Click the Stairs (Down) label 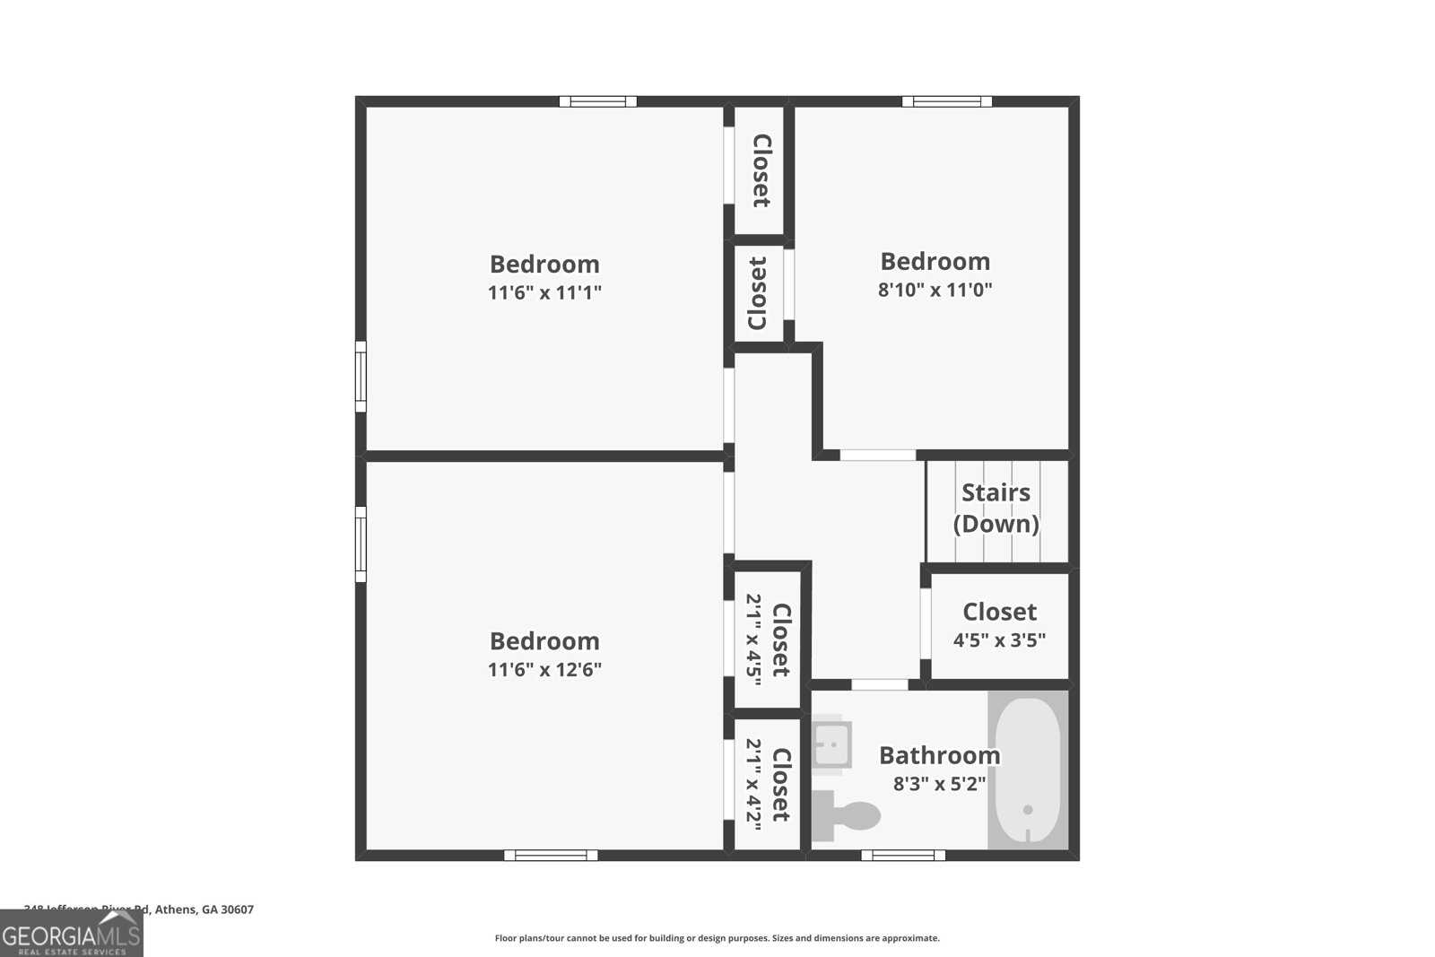click(x=996, y=508)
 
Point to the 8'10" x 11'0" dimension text click(x=935, y=290)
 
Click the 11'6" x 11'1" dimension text click(x=544, y=292)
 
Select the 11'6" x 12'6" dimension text click(x=544, y=669)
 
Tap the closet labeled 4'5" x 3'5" click(x=999, y=626)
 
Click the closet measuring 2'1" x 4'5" click(x=768, y=639)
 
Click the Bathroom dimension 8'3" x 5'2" click(x=939, y=784)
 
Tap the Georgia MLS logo click(x=72, y=934)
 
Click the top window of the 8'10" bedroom click(x=947, y=101)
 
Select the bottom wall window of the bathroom click(x=902, y=855)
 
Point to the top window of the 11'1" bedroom click(x=598, y=101)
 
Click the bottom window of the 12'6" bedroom click(x=551, y=855)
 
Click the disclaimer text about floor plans click(x=717, y=938)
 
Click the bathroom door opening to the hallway click(x=879, y=684)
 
